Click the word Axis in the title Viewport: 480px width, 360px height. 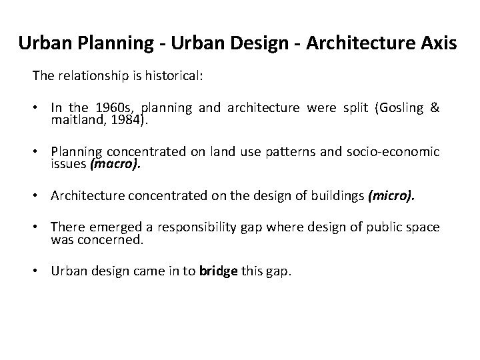pyautogui.click(x=437, y=45)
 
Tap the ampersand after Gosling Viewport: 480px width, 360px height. pyautogui.click(x=435, y=109)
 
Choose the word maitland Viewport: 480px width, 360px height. pyautogui.click(x=73, y=120)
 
